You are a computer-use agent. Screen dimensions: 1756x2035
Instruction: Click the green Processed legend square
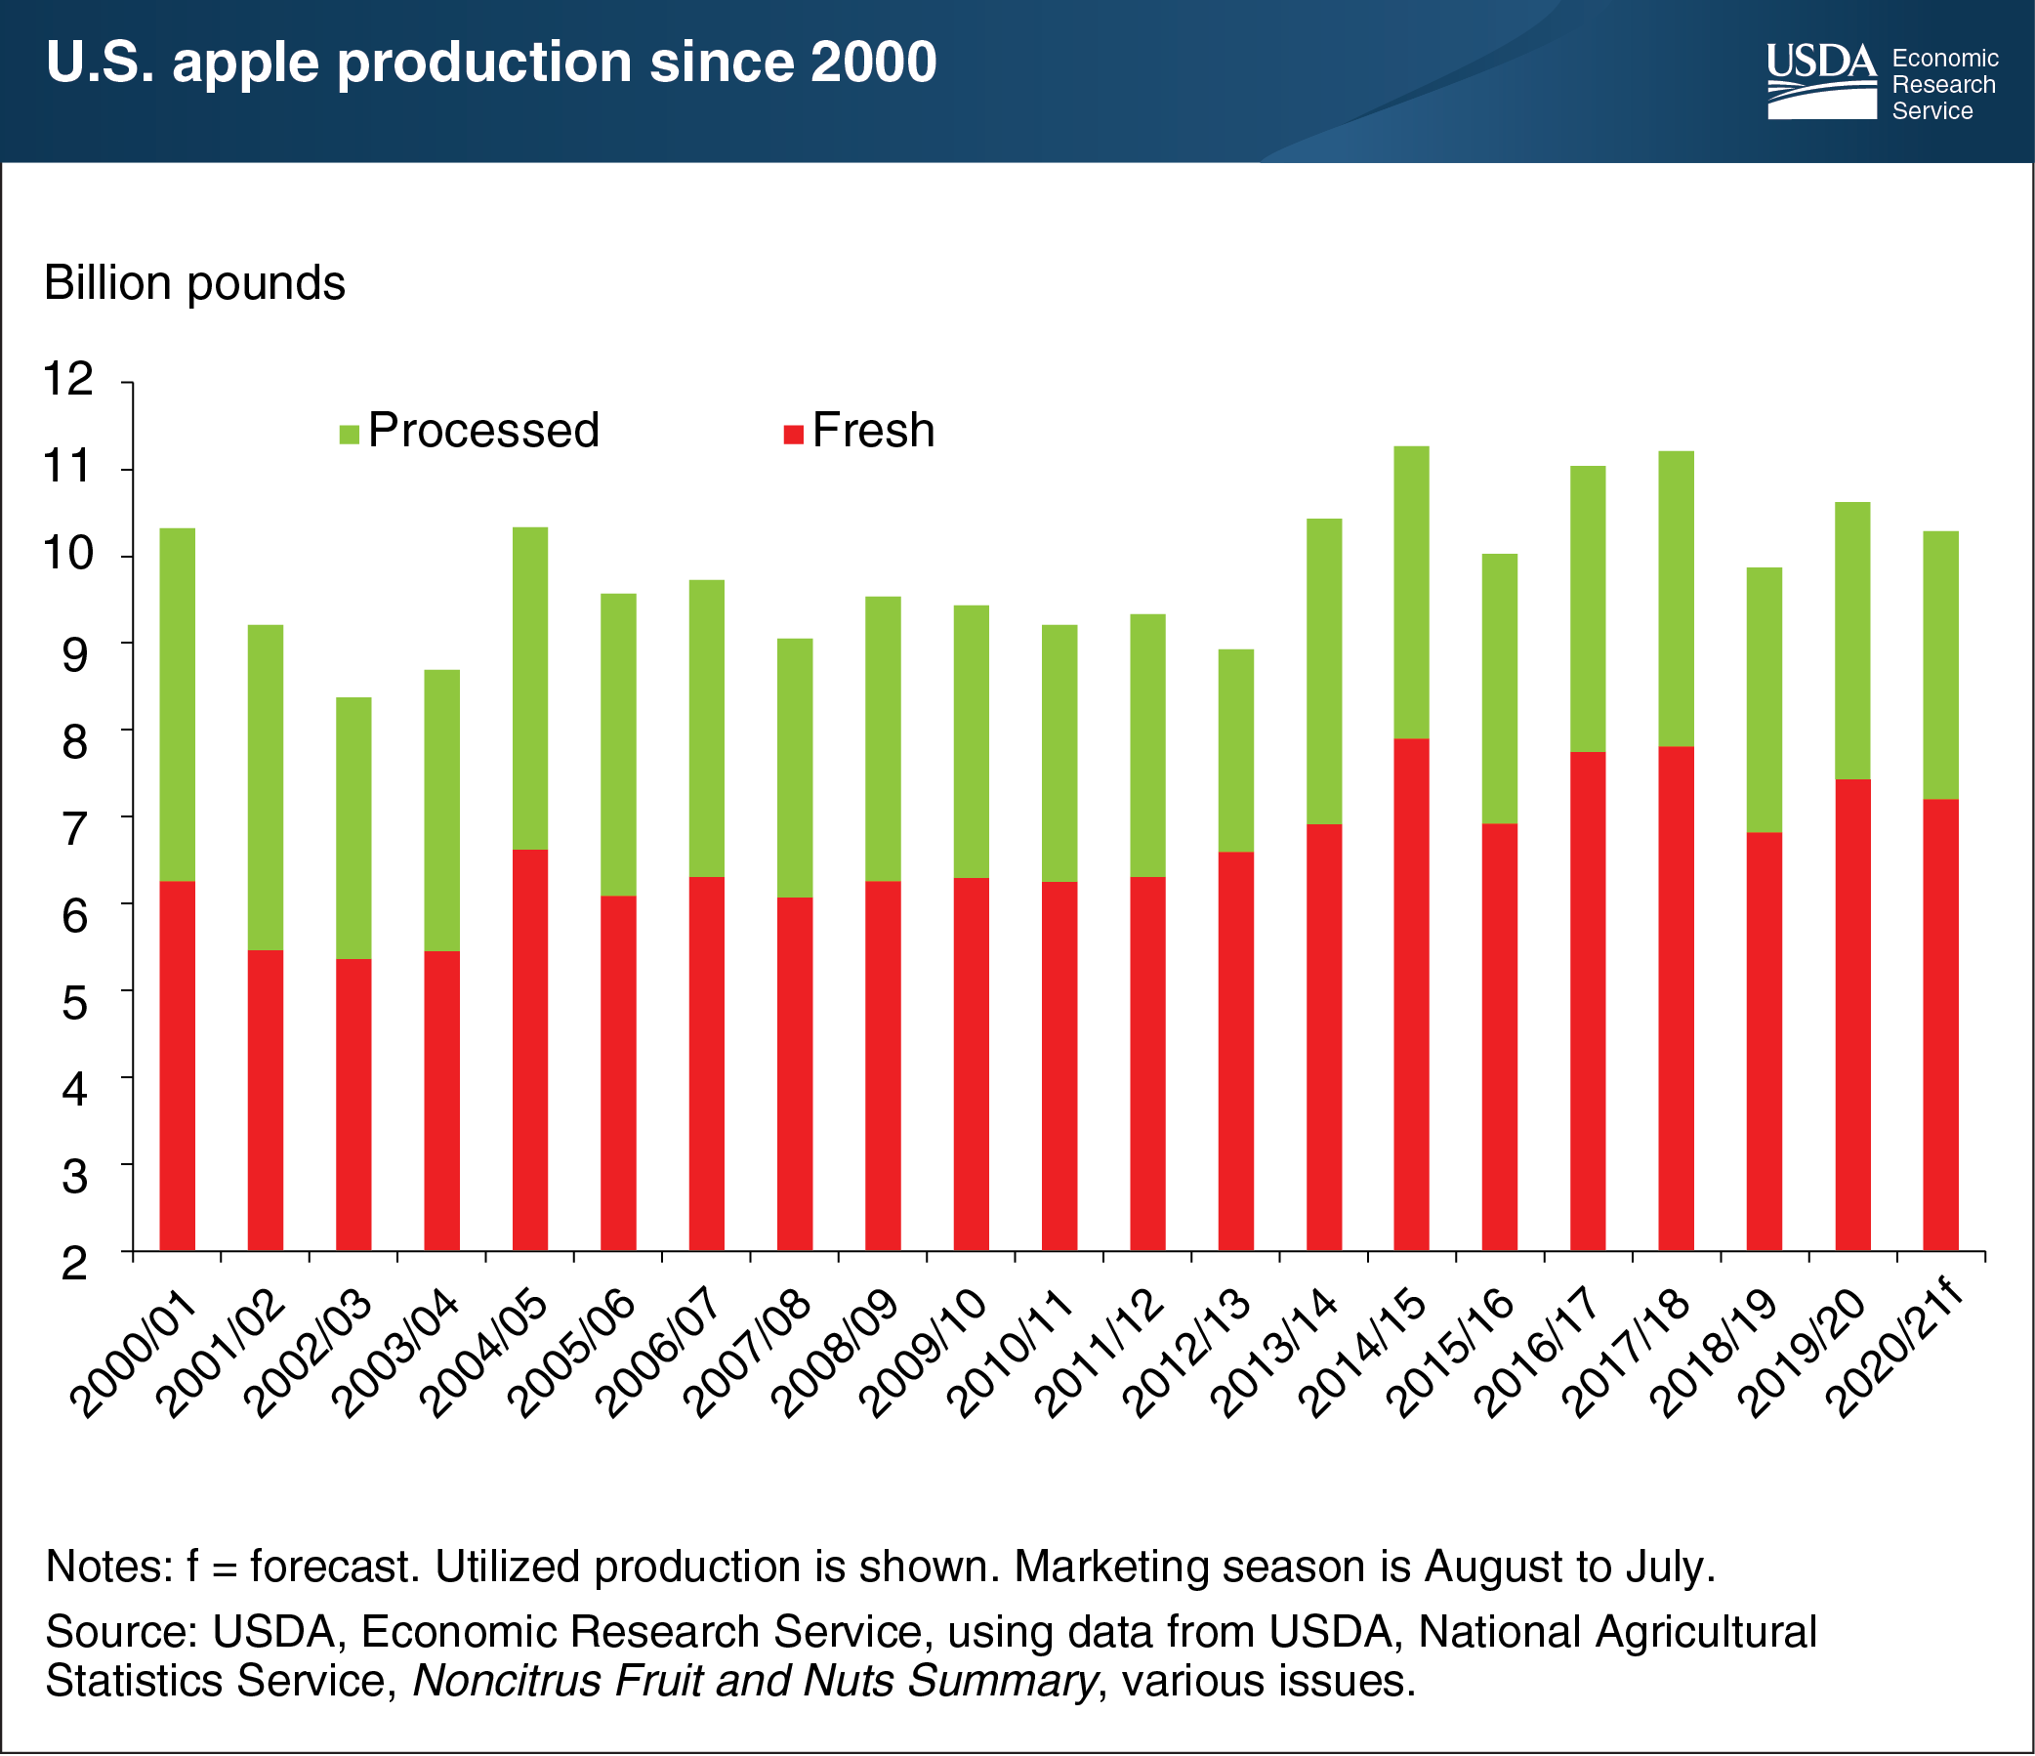point(350,433)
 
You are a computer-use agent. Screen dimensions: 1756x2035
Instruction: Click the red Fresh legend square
point(794,433)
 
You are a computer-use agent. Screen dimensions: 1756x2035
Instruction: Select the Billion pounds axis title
point(194,283)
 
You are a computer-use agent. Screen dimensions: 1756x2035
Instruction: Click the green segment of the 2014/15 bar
point(1411,592)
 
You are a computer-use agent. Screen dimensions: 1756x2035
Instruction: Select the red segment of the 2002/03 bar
point(353,1105)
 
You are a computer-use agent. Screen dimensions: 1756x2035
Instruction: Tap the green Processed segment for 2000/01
point(178,705)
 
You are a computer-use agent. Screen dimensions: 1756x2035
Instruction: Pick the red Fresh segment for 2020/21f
point(1939,1025)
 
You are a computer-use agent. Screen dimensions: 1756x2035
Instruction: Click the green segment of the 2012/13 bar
point(1235,750)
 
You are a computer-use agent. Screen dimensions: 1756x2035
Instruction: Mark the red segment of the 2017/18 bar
point(1676,999)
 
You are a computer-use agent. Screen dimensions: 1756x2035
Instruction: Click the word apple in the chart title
point(252,63)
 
